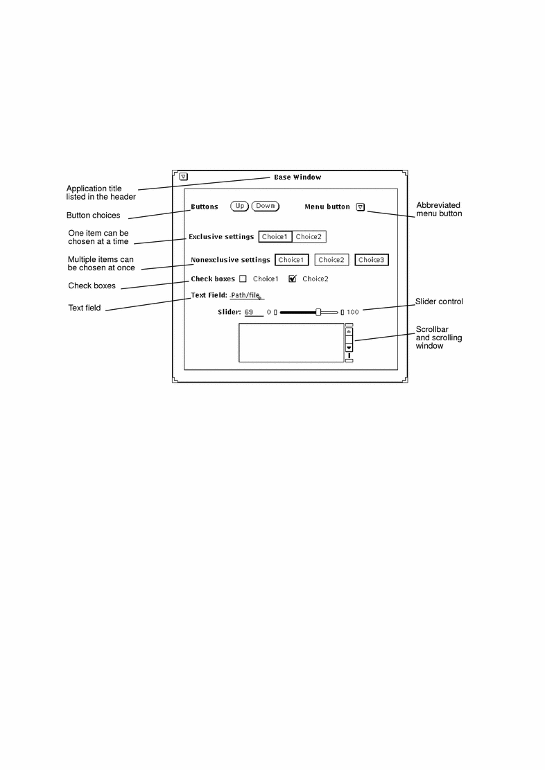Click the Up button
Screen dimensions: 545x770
pyautogui.click(x=239, y=207)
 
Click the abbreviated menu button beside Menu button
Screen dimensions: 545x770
pyautogui.click(x=361, y=207)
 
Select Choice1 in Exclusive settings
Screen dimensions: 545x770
pyautogui.click(x=275, y=237)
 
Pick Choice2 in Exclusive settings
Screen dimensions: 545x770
pyautogui.click(x=309, y=237)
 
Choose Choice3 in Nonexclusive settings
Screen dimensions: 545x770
pyautogui.click(x=372, y=260)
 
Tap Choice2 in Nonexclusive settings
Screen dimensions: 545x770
pyautogui.click(x=331, y=260)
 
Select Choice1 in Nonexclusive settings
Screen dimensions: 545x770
pyautogui.click(x=292, y=260)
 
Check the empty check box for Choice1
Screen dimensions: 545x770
pyautogui.click(x=243, y=279)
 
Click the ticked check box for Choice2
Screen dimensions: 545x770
pyautogui.click(x=293, y=279)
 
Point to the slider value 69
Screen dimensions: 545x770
pyautogui.click(x=249, y=312)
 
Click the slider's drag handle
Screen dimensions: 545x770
pyautogui.click(x=318, y=312)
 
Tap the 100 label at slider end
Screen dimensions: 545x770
pyautogui.click(x=353, y=312)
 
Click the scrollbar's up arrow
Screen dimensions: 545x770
pyautogui.click(x=349, y=332)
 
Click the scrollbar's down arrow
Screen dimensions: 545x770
pyautogui.click(x=349, y=348)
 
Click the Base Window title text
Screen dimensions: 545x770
pyautogui.click(x=297, y=177)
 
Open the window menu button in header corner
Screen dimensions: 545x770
pyautogui.click(x=183, y=177)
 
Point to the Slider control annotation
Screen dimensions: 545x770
pyautogui.click(x=439, y=301)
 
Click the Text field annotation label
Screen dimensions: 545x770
pyautogui.click(x=85, y=308)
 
